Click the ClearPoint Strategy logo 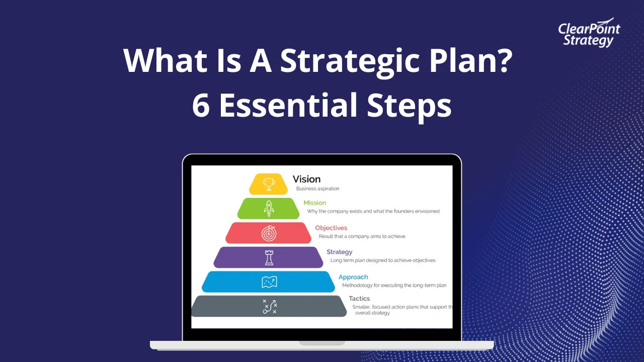coord(589,34)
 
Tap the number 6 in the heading coord(201,105)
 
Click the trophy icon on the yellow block coord(269,184)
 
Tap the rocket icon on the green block coord(269,208)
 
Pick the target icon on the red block coord(269,233)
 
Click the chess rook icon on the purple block coord(269,257)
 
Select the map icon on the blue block coord(269,282)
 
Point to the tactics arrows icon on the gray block coord(270,306)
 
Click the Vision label coord(306,179)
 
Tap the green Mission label coord(314,203)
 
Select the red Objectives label coord(331,228)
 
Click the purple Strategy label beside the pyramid coord(339,252)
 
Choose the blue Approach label coord(353,277)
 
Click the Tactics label coord(359,299)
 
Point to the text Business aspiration coord(317,189)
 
